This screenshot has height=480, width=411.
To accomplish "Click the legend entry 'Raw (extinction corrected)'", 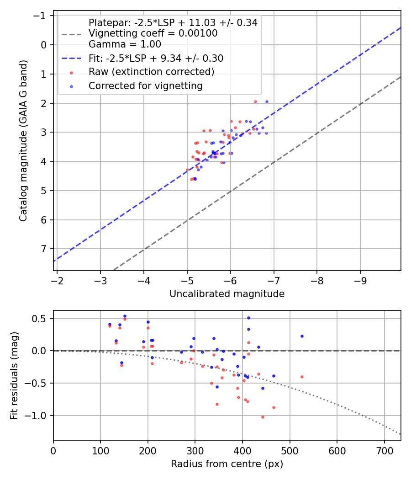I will tap(151, 72).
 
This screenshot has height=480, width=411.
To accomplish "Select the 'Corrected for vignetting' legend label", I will tap(145, 85).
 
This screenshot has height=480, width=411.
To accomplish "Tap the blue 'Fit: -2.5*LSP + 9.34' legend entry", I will tap(156, 58).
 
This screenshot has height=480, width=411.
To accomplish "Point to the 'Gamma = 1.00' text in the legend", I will tap(125, 44).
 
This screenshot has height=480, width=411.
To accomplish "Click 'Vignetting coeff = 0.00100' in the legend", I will tap(153, 33).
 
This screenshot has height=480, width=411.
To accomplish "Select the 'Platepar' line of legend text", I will tap(173, 22).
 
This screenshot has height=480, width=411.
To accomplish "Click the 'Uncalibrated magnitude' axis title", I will tap(227, 294).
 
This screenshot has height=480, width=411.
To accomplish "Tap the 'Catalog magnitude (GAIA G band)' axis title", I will tap(24, 143).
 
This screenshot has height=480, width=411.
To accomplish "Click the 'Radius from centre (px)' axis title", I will tap(227, 464).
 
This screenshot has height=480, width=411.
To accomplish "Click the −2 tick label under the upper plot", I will tap(57, 279).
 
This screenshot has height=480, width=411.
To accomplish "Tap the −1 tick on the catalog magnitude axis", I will tap(41, 16).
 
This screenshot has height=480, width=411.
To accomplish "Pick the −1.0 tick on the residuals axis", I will tap(38, 416).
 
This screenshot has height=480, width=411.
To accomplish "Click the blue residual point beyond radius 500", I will tap(302, 336).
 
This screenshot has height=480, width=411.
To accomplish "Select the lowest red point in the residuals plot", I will tap(263, 417).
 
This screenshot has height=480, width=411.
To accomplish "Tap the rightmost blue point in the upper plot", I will tap(267, 101).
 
